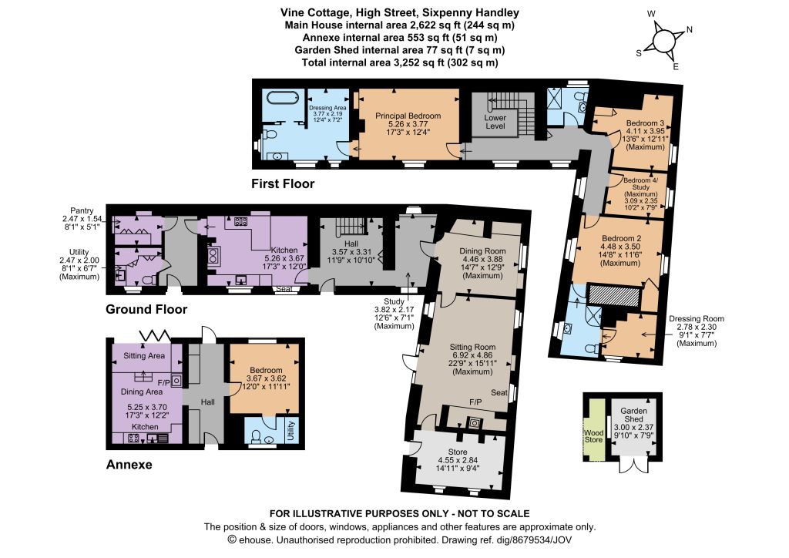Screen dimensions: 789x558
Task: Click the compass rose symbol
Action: (664, 39)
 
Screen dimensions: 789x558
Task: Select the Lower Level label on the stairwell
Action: (495, 122)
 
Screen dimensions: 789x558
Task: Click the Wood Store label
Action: (594, 436)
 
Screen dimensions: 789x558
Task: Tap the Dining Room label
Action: (482, 263)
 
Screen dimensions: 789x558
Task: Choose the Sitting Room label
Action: (472, 359)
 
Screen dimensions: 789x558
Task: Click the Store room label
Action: (458, 460)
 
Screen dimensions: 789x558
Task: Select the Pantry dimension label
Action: (82, 219)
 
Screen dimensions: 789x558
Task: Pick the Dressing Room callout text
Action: (697, 331)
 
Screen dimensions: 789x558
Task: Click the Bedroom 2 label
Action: (621, 250)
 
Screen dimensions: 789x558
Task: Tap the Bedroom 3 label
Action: (645, 135)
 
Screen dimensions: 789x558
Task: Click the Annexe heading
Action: (129, 465)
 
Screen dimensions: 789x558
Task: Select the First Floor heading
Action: (283, 183)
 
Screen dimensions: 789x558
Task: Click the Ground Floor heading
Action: (146, 309)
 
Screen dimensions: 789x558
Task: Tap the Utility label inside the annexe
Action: (290, 431)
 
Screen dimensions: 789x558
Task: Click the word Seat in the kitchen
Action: (284, 289)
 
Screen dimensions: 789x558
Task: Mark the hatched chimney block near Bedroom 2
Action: (613, 295)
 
